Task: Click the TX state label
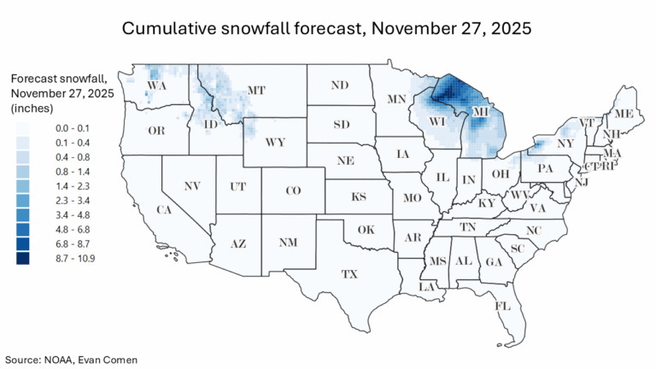348,274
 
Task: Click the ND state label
340,85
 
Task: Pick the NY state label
565,143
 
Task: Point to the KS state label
359,197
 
